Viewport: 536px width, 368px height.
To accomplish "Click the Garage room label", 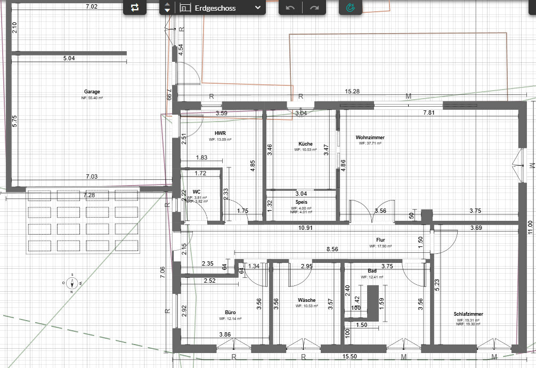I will point(92,92).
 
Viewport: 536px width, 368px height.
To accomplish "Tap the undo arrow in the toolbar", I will point(290,8).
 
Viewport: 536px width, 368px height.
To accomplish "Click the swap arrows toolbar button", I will point(134,7).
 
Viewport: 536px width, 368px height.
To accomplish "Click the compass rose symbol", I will point(72,283).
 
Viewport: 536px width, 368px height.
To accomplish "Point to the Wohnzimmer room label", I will point(370,138).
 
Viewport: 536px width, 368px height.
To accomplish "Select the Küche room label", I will point(305,144).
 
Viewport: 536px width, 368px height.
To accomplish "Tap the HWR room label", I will point(221,133).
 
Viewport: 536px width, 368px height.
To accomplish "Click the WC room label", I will point(197,191).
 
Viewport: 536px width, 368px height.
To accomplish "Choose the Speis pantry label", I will point(301,203).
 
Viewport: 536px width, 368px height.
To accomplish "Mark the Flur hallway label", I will point(380,240).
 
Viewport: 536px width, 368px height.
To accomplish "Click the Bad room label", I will point(372,271).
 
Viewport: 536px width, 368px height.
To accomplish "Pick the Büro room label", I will point(230,313).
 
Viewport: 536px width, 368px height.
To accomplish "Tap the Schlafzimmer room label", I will point(469,314).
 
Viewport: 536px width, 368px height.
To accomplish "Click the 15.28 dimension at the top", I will point(352,92).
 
